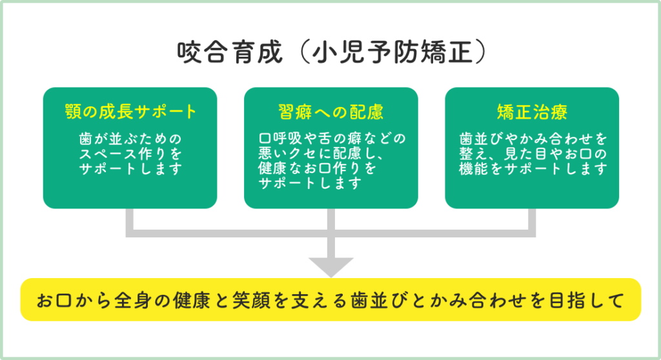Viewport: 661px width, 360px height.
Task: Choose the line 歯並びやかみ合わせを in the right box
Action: [532, 139]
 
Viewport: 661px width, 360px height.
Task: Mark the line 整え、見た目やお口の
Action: [532, 154]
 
